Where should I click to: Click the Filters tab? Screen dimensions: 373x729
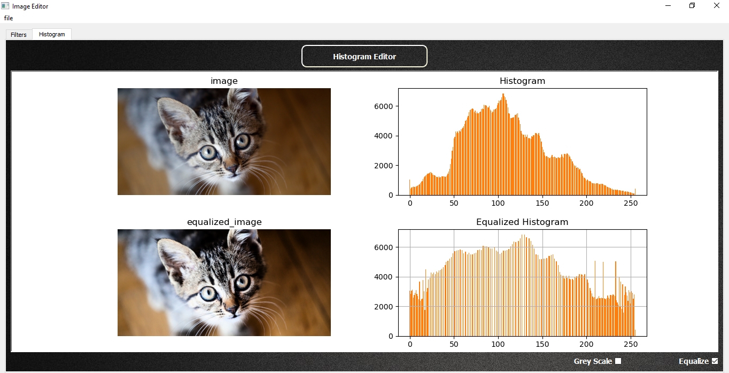(19, 35)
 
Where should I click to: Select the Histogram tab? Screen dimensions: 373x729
(52, 34)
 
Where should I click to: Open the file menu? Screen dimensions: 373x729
(9, 18)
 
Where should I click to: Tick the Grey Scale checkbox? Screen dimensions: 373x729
(618, 361)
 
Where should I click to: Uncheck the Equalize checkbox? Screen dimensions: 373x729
(715, 361)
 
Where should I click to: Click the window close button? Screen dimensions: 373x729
(716, 6)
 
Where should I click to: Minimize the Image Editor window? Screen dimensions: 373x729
(668, 6)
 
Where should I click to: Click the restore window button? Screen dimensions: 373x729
(692, 6)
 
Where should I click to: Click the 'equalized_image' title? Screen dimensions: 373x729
(224, 222)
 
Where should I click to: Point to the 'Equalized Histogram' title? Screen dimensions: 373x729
(522, 222)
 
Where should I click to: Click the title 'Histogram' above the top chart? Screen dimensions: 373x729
(522, 81)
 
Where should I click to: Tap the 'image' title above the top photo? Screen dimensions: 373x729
(224, 81)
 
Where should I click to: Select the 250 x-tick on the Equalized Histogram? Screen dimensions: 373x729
(631, 345)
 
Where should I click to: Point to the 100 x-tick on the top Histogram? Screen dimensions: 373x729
(498, 204)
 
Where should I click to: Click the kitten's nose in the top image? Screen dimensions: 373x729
(232, 168)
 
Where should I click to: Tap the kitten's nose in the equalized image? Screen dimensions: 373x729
(232, 309)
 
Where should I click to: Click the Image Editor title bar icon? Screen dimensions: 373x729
(5, 6)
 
